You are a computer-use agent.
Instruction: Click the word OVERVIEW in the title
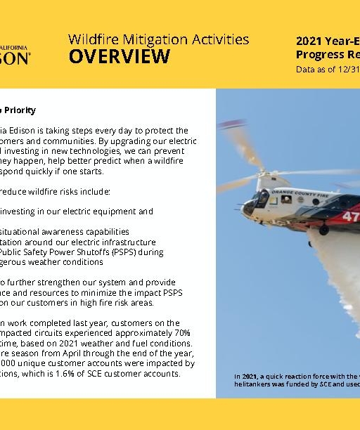click(x=119, y=57)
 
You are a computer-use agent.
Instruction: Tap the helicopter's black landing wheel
click(x=323, y=230)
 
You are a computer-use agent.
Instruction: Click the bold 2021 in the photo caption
click(x=250, y=377)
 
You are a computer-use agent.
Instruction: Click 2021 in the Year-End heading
click(x=309, y=41)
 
